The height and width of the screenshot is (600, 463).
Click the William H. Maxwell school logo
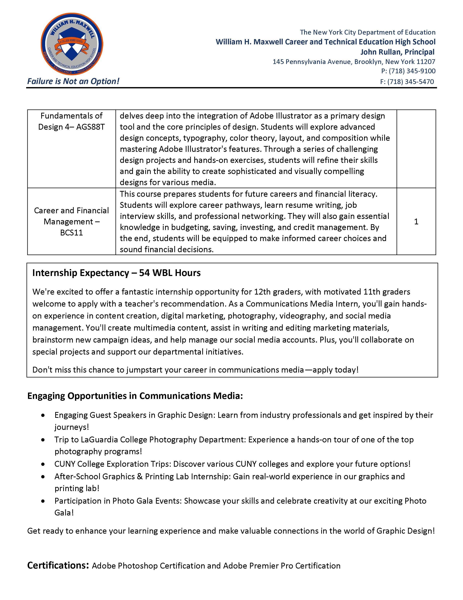point(72,44)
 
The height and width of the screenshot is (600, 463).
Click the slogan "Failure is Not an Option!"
point(73,81)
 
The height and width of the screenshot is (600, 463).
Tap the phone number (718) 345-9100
point(412,71)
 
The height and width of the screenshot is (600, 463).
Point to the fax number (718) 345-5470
point(411,82)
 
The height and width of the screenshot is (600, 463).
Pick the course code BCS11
point(71,233)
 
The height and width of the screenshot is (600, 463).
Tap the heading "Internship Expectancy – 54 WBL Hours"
point(116,273)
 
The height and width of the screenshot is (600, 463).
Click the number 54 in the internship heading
point(144,273)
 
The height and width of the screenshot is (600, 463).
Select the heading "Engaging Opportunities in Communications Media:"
point(135,396)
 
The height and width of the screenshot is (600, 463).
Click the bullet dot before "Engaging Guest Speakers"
point(43,415)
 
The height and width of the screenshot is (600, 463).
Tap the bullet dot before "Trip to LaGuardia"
point(43,440)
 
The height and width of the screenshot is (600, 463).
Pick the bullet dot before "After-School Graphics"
point(43,477)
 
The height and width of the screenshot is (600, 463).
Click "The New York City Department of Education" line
point(367,32)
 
